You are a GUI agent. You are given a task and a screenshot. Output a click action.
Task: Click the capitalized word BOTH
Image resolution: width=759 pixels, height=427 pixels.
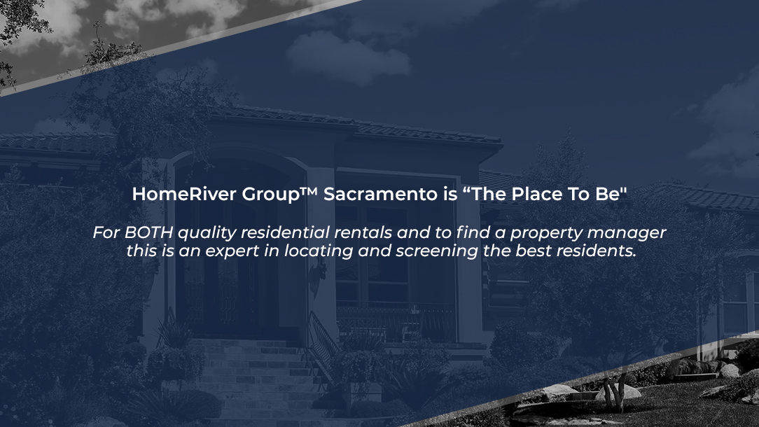148,233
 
